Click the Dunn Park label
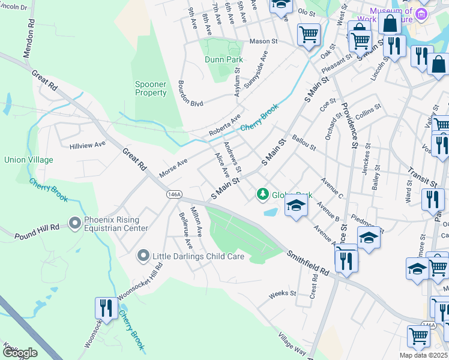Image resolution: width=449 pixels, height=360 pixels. tap(224, 59)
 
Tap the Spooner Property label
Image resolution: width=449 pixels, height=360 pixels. tap(151, 89)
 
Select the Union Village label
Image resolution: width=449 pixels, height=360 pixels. tap(29, 160)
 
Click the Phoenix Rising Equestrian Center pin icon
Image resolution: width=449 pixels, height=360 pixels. tap(75, 224)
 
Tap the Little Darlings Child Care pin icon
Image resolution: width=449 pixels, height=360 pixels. tap(143, 256)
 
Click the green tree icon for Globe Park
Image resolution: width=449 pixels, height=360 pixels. tap(262, 194)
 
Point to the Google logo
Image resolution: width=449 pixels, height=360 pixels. tap(20, 352)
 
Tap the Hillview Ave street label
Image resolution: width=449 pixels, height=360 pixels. tap(88, 145)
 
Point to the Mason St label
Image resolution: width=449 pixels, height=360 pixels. tap(264, 43)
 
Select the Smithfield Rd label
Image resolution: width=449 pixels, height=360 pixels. tap(308, 263)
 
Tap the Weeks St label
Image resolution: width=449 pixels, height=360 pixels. tap(283, 293)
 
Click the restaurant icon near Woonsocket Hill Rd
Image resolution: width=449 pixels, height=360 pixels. tap(106, 308)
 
